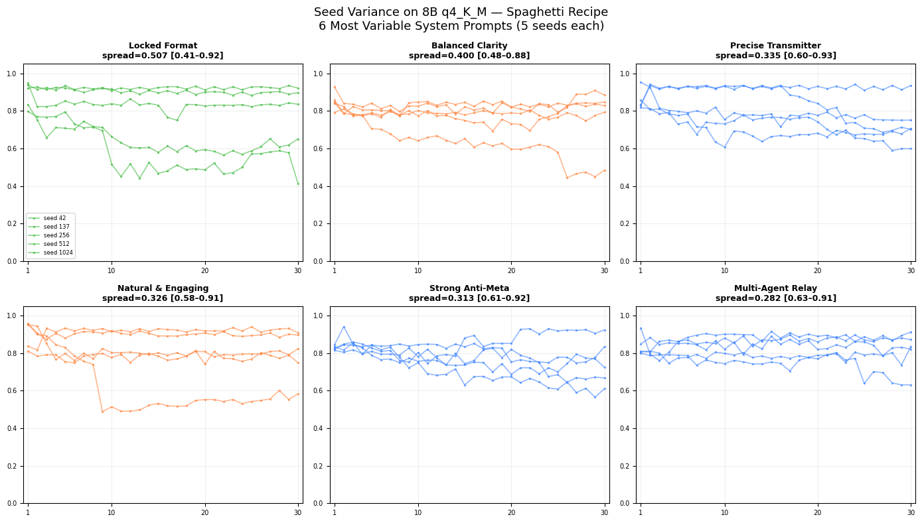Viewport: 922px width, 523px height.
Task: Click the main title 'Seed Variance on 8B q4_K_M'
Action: (x=461, y=12)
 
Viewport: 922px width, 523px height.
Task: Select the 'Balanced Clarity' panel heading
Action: (x=469, y=46)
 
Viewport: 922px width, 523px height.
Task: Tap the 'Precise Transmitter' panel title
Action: (x=775, y=46)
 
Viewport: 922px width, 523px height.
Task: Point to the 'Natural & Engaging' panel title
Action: (x=163, y=288)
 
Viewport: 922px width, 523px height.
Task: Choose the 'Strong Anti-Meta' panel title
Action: (x=469, y=288)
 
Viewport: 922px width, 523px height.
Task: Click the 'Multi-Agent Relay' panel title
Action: (x=775, y=288)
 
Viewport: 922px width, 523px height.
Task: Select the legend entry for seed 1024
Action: (x=56, y=253)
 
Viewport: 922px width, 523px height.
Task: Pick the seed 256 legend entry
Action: (x=56, y=235)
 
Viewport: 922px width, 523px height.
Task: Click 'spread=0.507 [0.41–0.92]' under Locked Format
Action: (x=163, y=56)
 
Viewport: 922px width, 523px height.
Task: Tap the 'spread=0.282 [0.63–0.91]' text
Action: (x=775, y=298)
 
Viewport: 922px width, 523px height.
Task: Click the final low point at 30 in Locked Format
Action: (x=298, y=184)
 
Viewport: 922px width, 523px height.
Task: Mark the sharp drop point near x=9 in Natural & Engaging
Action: (x=102, y=412)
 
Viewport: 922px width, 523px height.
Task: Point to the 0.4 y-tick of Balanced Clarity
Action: (x=323, y=186)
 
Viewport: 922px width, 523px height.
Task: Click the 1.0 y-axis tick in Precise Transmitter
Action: (x=629, y=74)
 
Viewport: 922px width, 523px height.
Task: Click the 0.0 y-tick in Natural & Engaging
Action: (x=17, y=503)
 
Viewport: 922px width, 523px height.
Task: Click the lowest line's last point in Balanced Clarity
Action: (x=604, y=170)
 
